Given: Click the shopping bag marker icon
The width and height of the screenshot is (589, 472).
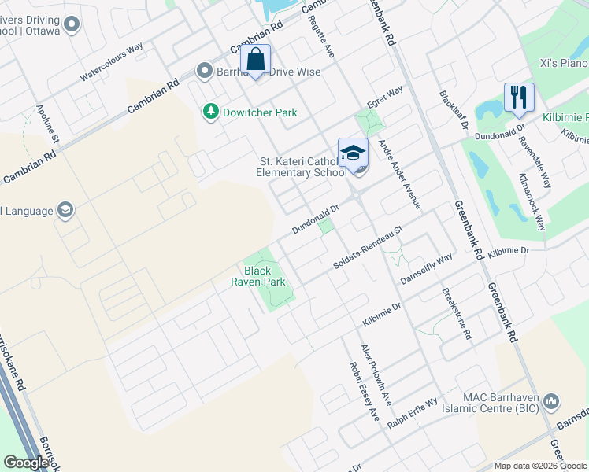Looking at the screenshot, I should point(256,60).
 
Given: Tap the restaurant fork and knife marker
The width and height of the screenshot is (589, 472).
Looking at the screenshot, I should point(519,98).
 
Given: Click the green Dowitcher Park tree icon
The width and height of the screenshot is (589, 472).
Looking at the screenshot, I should point(210,112).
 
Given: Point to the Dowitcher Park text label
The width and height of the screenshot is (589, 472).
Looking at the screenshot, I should point(260,112).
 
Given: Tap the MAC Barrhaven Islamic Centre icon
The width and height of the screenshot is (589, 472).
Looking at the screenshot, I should point(552,402).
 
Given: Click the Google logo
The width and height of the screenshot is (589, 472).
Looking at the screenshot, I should point(26,462).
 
